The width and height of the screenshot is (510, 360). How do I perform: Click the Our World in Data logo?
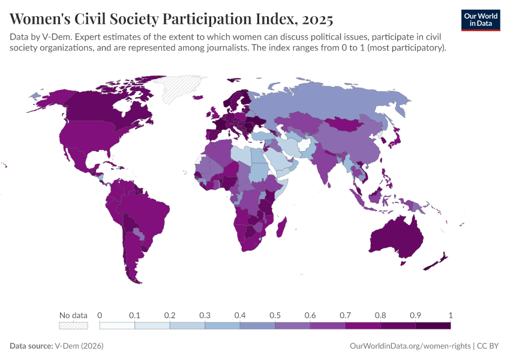tap(480, 20)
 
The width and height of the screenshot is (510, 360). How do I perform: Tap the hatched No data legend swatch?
tap(73, 325)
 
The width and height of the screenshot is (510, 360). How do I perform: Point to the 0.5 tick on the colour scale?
tap(275, 315)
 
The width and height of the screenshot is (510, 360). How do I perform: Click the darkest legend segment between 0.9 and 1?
tap(433, 325)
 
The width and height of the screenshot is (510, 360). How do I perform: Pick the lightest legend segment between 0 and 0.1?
tap(117, 325)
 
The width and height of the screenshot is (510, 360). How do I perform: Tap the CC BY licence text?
tap(488, 346)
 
